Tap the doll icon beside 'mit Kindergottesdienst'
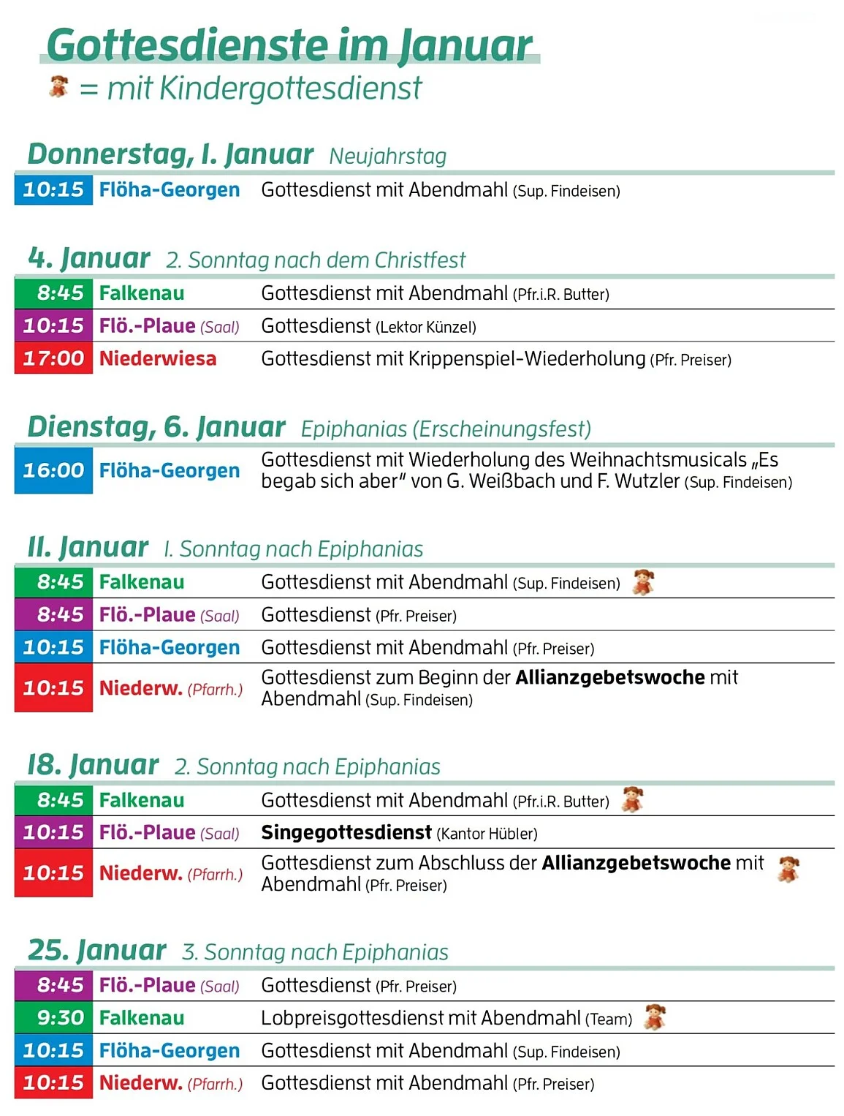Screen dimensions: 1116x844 point(58,86)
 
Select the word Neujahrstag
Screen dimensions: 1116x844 point(387,157)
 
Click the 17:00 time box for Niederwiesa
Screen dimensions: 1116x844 point(53,358)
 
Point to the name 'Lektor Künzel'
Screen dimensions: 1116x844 point(425,328)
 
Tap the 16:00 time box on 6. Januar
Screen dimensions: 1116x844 point(53,470)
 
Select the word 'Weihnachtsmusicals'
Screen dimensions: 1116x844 point(658,460)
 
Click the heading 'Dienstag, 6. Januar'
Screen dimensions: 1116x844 point(156,427)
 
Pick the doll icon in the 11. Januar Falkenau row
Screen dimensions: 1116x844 point(643,582)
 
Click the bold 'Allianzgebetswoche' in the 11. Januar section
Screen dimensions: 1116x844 point(610,678)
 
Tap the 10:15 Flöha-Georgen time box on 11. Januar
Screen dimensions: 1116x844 point(53,647)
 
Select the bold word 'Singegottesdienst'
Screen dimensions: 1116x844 point(346,833)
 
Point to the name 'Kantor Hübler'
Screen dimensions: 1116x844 point(487,834)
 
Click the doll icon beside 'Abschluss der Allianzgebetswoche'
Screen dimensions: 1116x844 point(788,869)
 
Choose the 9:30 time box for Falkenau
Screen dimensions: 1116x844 point(53,1018)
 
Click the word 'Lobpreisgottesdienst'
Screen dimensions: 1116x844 point(368,1019)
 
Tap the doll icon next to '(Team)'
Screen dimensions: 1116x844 point(655,1017)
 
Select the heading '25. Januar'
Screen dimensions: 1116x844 point(96,951)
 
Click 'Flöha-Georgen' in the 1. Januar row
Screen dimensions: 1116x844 point(170,190)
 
